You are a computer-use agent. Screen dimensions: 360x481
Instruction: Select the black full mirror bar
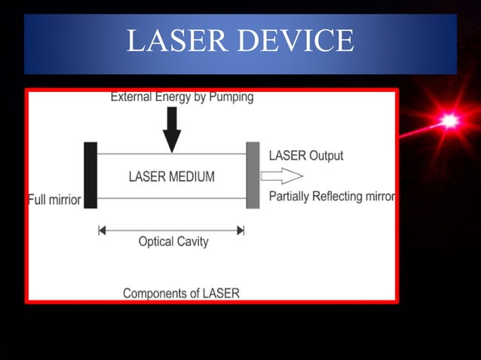click(x=91, y=175)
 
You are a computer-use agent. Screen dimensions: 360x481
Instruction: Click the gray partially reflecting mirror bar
click(x=253, y=175)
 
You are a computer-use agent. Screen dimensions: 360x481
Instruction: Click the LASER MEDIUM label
click(x=172, y=177)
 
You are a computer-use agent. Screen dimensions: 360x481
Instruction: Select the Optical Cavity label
click(x=173, y=242)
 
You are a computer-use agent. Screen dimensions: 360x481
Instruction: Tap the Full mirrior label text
click(x=54, y=200)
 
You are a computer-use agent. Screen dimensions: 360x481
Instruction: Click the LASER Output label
click(x=306, y=156)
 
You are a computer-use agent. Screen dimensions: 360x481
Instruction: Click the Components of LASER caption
click(x=181, y=293)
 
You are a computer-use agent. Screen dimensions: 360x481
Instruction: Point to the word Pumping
click(x=228, y=97)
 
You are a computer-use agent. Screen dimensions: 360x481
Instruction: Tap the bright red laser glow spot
click(x=450, y=121)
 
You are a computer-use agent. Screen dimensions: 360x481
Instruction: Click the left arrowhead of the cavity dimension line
click(x=103, y=230)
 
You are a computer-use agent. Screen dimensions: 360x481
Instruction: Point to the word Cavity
click(x=191, y=242)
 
